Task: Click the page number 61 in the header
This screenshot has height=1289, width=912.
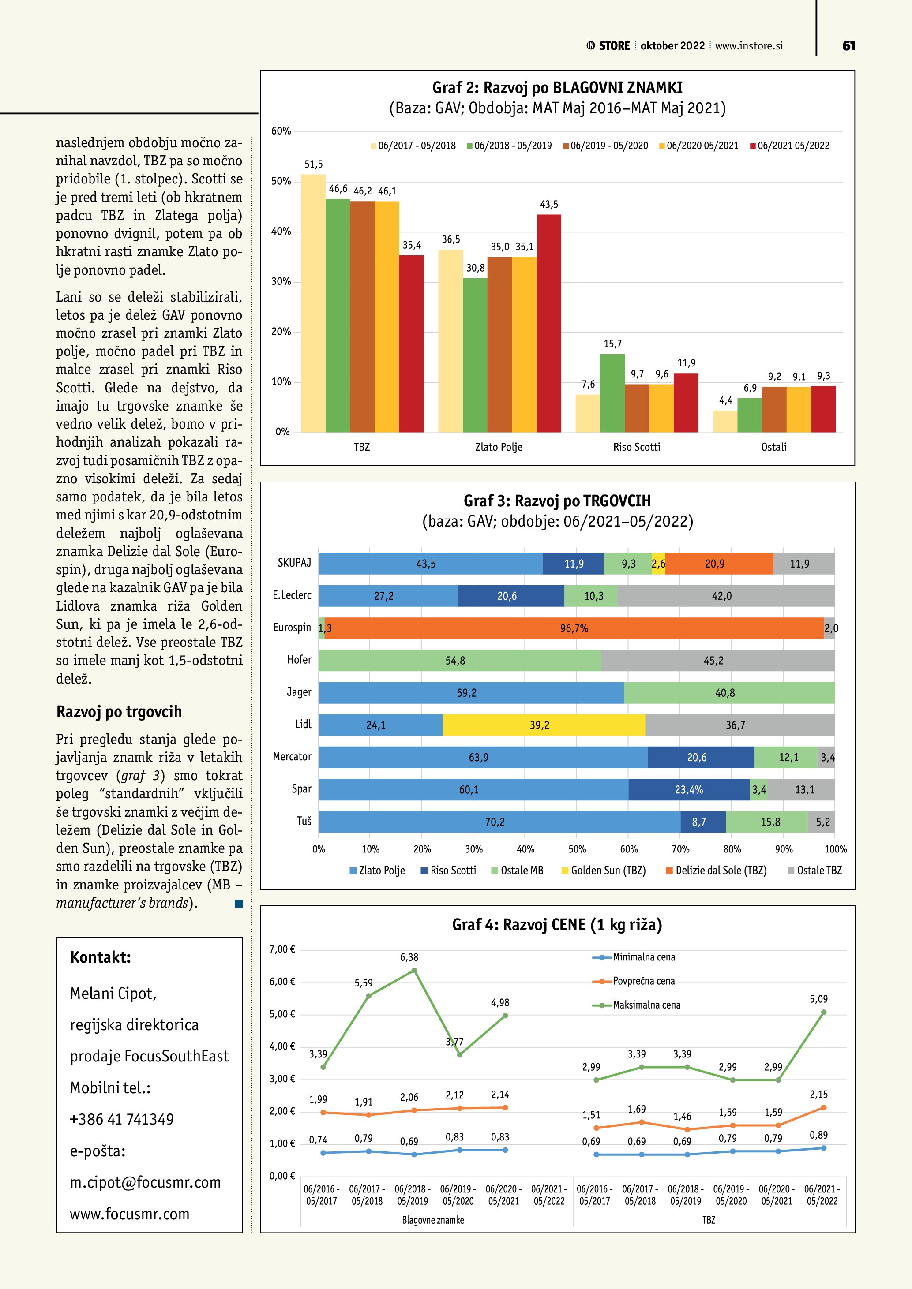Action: pos(848,45)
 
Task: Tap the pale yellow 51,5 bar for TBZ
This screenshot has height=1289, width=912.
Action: pos(313,303)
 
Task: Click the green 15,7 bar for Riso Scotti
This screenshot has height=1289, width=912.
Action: pos(612,393)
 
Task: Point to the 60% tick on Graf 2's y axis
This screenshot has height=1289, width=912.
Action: pos(281,131)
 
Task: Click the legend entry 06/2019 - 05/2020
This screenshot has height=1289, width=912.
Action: pos(605,146)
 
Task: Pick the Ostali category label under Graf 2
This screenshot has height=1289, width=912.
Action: pos(773,447)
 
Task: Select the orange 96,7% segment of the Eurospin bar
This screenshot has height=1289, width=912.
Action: pos(574,628)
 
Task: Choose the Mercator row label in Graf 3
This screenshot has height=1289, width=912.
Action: pos(292,757)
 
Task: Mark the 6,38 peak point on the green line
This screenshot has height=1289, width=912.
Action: pos(414,970)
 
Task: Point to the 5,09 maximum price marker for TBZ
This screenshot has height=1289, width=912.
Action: pos(823,1012)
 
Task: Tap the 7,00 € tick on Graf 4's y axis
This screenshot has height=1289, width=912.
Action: pos(282,949)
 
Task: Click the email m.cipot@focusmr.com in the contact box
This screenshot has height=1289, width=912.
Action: pos(145,1182)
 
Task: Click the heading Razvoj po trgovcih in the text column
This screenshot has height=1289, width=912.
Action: pos(119,712)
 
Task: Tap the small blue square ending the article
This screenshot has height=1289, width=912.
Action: pos(239,903)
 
